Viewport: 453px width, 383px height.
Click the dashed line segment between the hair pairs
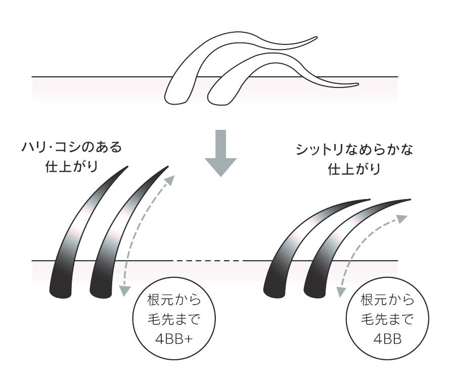(x=208, y=261)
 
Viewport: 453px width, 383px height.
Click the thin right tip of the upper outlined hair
(x=315, y=37)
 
